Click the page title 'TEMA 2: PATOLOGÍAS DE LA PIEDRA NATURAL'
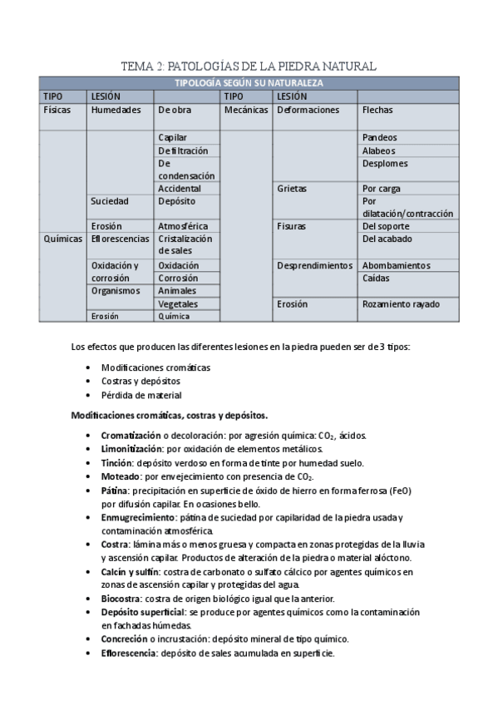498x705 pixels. pos(249,65)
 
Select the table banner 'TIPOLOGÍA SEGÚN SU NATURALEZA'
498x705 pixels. pos(249,82)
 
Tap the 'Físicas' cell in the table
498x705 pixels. pos(57,110)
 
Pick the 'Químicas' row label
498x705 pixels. pos(62,239)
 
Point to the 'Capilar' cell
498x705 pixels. pos(173,137)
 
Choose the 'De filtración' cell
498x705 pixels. pos(183,150)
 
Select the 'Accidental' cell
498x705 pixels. pos(180,189)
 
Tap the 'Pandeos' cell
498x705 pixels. pos(380,137)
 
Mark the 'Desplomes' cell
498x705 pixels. pos(384,164)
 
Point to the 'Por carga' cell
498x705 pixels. pos(382,189)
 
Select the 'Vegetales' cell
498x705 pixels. pos(178,304)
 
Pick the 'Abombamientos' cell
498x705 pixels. pos(397,265)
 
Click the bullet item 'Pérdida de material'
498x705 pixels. pos(141,395)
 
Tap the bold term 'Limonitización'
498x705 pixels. pos(131,449)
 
